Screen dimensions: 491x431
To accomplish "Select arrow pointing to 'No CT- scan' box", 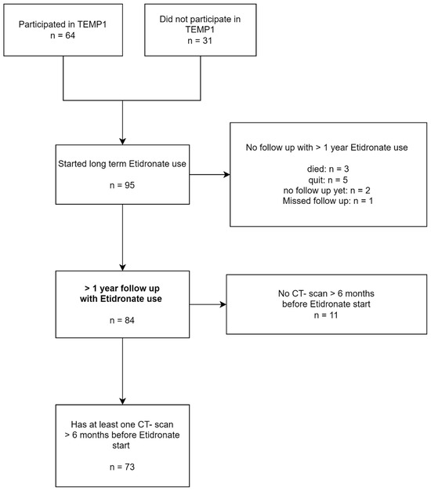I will (x=208, y=304).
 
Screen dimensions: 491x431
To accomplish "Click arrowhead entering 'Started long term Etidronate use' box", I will (x=123, y=138).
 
